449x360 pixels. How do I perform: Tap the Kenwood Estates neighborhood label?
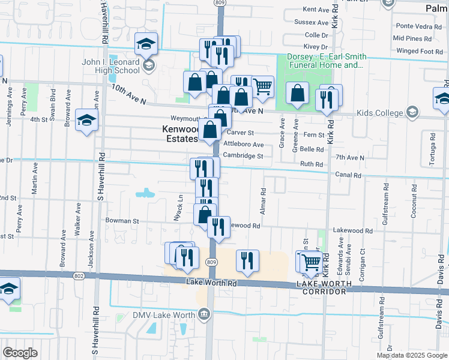pos(179,134)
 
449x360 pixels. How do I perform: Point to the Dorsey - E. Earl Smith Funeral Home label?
pos(326,61)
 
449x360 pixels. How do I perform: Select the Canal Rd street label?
pos(349,175)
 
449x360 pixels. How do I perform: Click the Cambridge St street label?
pos(243,156)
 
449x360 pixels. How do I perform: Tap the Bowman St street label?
pos(122,221)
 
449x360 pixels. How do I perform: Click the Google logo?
pos(20,353)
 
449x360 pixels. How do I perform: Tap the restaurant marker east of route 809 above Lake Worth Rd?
pos(247,260)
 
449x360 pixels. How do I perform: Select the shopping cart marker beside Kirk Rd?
pos(310,262)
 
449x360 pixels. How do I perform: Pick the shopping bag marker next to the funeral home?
pos(297,93)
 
